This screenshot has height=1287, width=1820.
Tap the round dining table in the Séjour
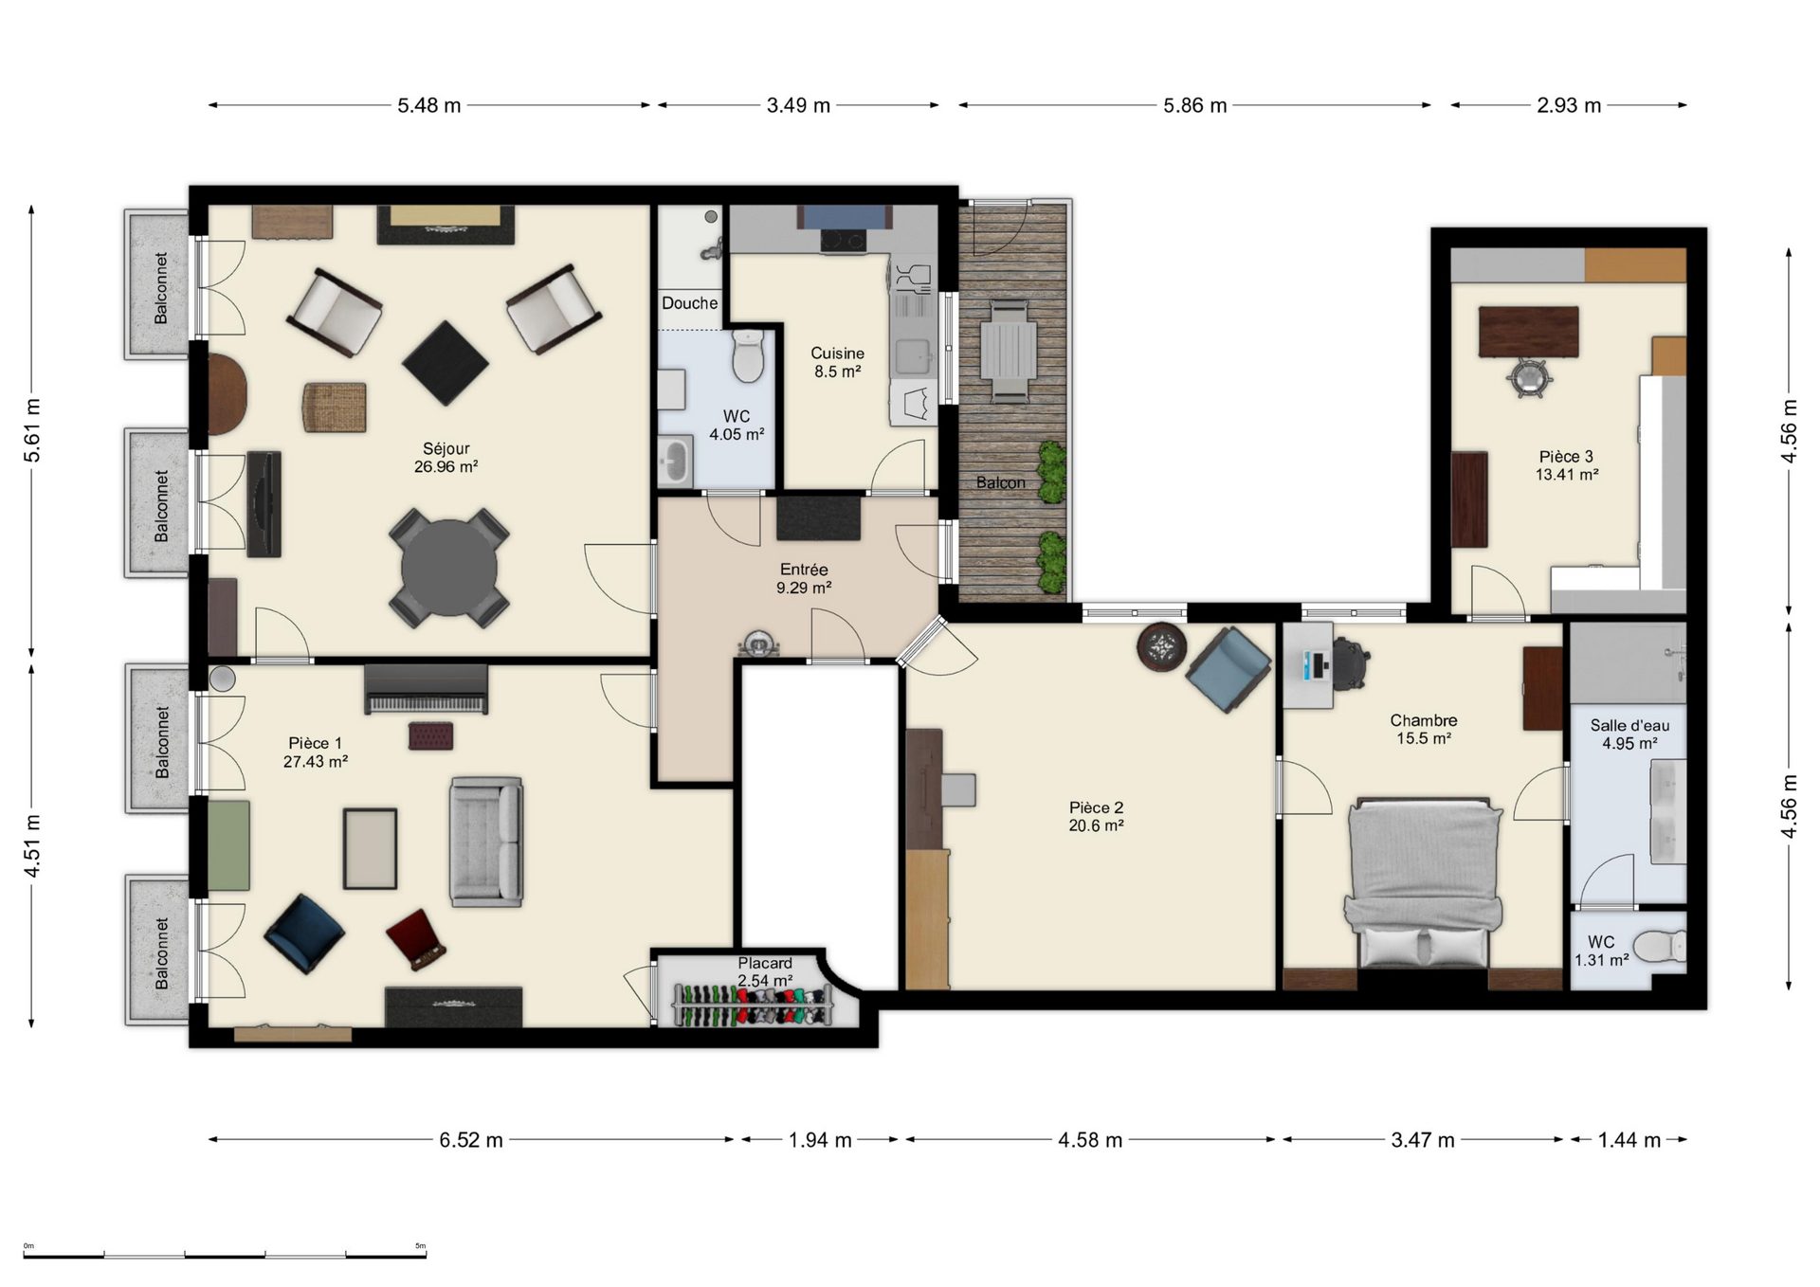(448, 568)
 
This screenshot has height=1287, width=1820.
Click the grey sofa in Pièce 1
(486, 842)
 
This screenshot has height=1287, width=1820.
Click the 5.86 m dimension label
(1194, 105)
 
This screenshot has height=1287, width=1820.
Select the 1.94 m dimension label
(820, 1140)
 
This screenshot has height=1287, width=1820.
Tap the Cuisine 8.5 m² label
(837, 362)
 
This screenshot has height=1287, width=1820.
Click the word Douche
(689, 303)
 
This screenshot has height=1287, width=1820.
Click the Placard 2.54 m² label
(765, 971)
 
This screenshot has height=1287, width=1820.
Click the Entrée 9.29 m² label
(804, 578)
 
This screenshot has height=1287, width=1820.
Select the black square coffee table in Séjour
(446, 364)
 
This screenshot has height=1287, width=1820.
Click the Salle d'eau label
(1629, 725)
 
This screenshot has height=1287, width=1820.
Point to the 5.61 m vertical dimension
(32, 431)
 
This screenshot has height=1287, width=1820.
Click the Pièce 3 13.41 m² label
(1566, 465)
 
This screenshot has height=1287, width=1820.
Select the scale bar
(225, 1255)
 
